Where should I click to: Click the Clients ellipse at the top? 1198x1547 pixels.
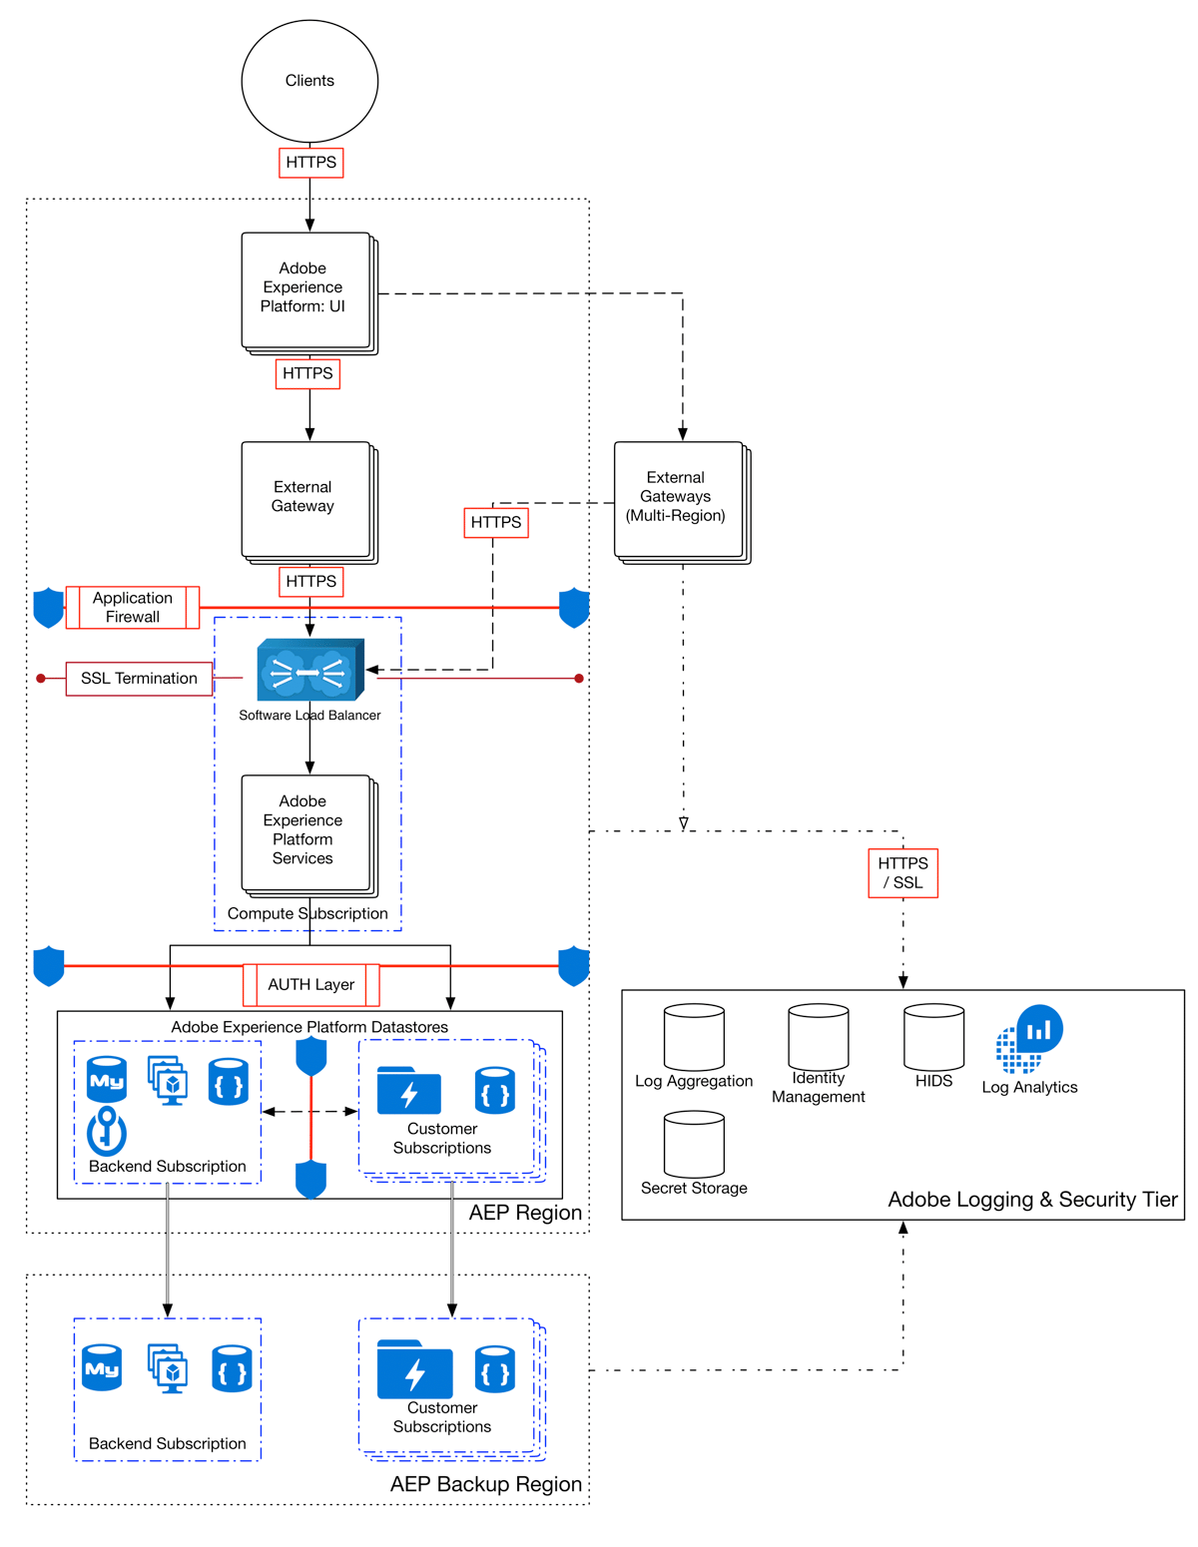pos(309,81)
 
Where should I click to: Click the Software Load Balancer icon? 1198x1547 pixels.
pos(309,671)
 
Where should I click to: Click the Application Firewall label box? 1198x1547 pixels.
pos(133,608)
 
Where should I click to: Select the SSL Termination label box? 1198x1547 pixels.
pos(140,679)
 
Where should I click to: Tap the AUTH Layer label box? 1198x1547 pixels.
pos(311,985)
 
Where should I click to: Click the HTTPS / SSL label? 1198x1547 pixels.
pos(902,873)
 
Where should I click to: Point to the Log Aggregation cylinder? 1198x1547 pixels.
pos(694,1038)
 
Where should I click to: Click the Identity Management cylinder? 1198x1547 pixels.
pos(818,1037)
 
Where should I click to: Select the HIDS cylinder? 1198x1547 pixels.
pos(933,1038)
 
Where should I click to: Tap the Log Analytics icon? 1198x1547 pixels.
pos(1029,1039)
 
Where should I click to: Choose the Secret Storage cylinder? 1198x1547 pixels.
pos(694,1145)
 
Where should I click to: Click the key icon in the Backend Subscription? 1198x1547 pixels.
pos(107,1131)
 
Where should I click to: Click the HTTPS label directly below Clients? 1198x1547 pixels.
pos(310,163)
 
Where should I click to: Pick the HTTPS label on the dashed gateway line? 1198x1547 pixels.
pos(496,522)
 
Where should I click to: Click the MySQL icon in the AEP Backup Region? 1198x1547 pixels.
pos(102,1367)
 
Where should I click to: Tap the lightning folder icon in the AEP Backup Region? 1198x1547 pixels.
pos(414,1369)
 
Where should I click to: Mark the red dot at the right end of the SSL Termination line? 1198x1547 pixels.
pos(579,679)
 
